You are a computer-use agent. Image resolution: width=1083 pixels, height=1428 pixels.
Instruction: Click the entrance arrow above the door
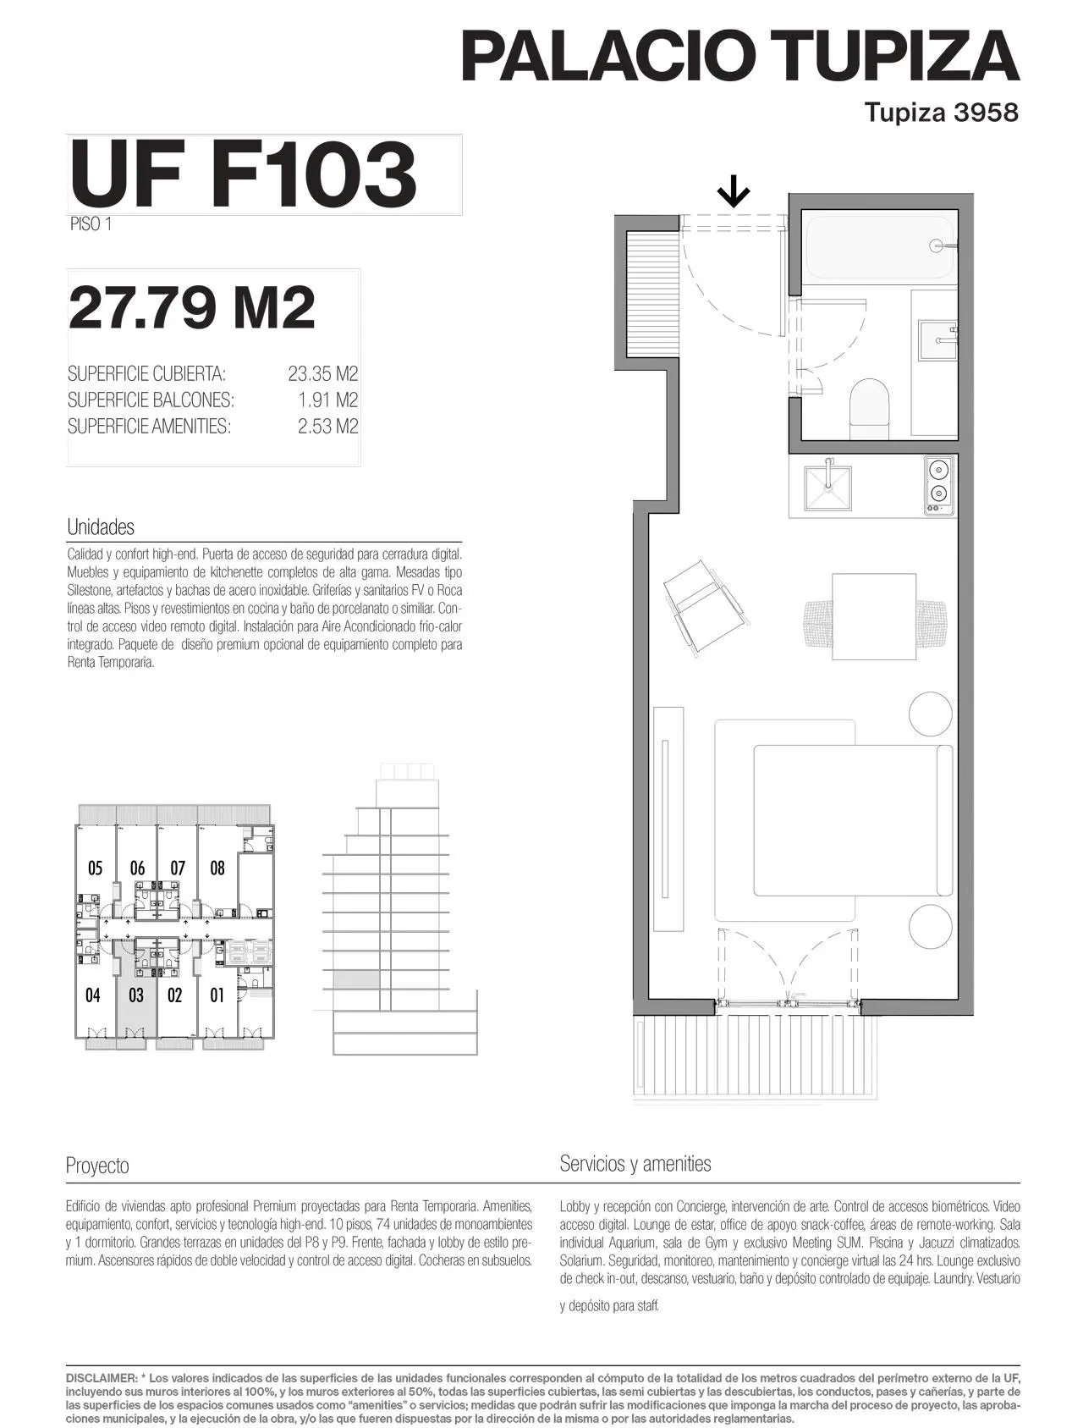click(734, 191)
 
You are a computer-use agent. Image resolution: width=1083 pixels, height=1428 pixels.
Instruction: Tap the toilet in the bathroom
click(869, 408)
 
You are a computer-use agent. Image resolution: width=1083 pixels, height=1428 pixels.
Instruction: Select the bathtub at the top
click(878, 247)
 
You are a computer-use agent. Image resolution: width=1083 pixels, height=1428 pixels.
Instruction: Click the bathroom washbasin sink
click(937, 339)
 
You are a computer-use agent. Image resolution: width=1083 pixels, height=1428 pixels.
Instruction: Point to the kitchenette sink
click(827, 488)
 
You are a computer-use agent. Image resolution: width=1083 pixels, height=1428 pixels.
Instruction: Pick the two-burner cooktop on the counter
click(937, 486)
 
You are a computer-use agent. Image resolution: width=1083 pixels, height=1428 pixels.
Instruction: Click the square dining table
click(874, 616)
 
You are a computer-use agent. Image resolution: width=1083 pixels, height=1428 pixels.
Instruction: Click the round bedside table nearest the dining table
click(931, 714)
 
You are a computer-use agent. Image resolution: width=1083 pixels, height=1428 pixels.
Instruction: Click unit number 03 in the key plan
click(136, 995)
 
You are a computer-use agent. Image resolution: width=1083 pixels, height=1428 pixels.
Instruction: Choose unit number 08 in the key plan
click(217, 868)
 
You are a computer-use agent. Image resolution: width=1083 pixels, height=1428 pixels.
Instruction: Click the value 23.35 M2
click(323, 374)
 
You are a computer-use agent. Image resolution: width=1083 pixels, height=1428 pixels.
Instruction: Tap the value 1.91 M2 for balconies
click(328, 400)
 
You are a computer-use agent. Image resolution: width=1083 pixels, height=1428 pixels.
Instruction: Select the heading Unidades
click(101, 527)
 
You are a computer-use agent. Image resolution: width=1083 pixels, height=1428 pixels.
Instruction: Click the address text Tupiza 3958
click(942, 112)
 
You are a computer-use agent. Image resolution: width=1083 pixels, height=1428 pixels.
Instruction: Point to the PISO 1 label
click(91, 224)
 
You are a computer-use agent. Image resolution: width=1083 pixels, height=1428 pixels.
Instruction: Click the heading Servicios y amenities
click(635, 1164)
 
